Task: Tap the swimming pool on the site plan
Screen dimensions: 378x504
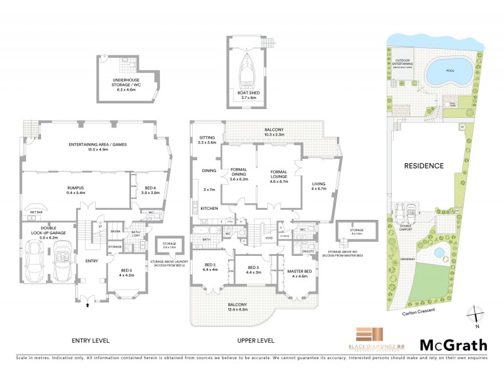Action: tap(448, 72)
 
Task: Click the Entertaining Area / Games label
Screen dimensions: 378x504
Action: tap(98, 147)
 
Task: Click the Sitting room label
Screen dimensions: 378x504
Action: tap(207, 140)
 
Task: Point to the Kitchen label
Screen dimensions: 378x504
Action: tap(209, 208)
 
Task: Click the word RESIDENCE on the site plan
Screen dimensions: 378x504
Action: tap(424, 166)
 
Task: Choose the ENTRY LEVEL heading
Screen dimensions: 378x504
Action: tap(91, 340)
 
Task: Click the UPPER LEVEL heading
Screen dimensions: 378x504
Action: tap(256, 340)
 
